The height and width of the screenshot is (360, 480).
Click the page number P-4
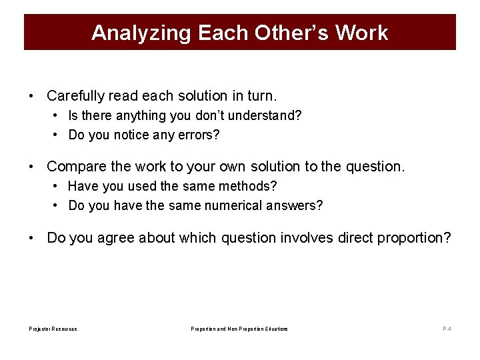pyautogui.click(x=447, y=329)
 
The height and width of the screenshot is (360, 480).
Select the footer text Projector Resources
pyautogui.click(x=53, y=329)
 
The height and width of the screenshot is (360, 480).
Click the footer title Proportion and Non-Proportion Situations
pyautogui.click(x=239, y=329)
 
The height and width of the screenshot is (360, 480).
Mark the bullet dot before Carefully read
pyautogui.click(x=32, y=97)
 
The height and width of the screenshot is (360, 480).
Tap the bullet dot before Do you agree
pyautogui.click(x=32, y=238)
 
